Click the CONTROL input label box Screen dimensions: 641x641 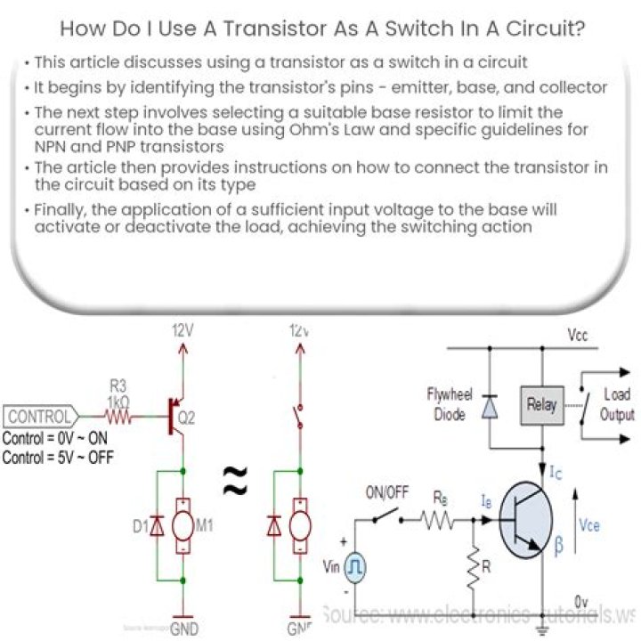[39, 416]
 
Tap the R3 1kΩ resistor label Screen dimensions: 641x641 [118, 394]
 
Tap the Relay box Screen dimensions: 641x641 [540, 404]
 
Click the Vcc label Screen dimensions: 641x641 [576, 336]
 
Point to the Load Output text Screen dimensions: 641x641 [617, 404]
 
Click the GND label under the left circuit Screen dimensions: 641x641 [184, 629]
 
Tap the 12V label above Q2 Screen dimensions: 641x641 [183, 330]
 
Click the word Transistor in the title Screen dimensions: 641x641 [275, 28]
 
